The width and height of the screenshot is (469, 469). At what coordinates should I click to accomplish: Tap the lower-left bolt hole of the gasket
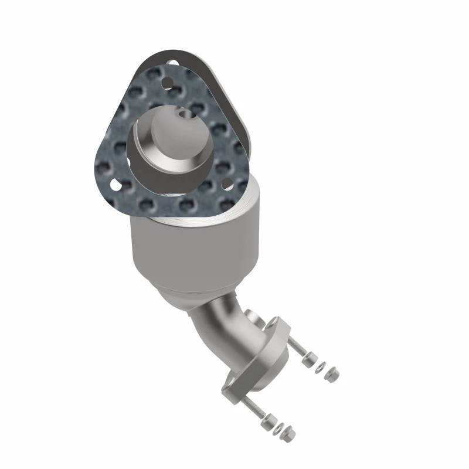coord(115,186)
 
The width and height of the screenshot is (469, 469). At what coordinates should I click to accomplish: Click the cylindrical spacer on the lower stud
coord(269,419)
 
